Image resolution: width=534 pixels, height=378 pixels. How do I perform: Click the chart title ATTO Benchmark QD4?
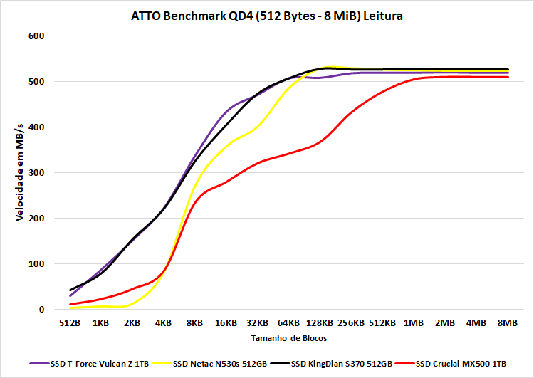tap(267, 15)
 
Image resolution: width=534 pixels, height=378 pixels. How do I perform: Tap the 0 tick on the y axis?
tap(41, 310)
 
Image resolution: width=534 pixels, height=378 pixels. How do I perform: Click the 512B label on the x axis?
tap(70, 322)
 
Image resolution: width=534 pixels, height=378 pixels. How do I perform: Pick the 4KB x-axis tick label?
tap(163, 322)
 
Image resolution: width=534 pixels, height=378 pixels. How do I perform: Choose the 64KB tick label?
tap(288, 322)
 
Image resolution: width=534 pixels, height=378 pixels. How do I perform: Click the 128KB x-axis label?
tap(319, 322)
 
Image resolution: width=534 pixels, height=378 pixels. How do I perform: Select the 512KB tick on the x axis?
tap(382, 322)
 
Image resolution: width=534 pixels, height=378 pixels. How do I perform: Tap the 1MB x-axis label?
tap(414, 322)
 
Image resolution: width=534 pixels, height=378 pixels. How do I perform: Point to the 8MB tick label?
tap(508, 322)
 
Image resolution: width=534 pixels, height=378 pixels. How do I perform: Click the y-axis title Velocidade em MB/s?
tap(19, 173)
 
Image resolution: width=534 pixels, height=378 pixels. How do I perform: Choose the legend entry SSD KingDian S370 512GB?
tap(347, 363)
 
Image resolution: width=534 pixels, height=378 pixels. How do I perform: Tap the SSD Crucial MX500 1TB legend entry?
tap(463, 363)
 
